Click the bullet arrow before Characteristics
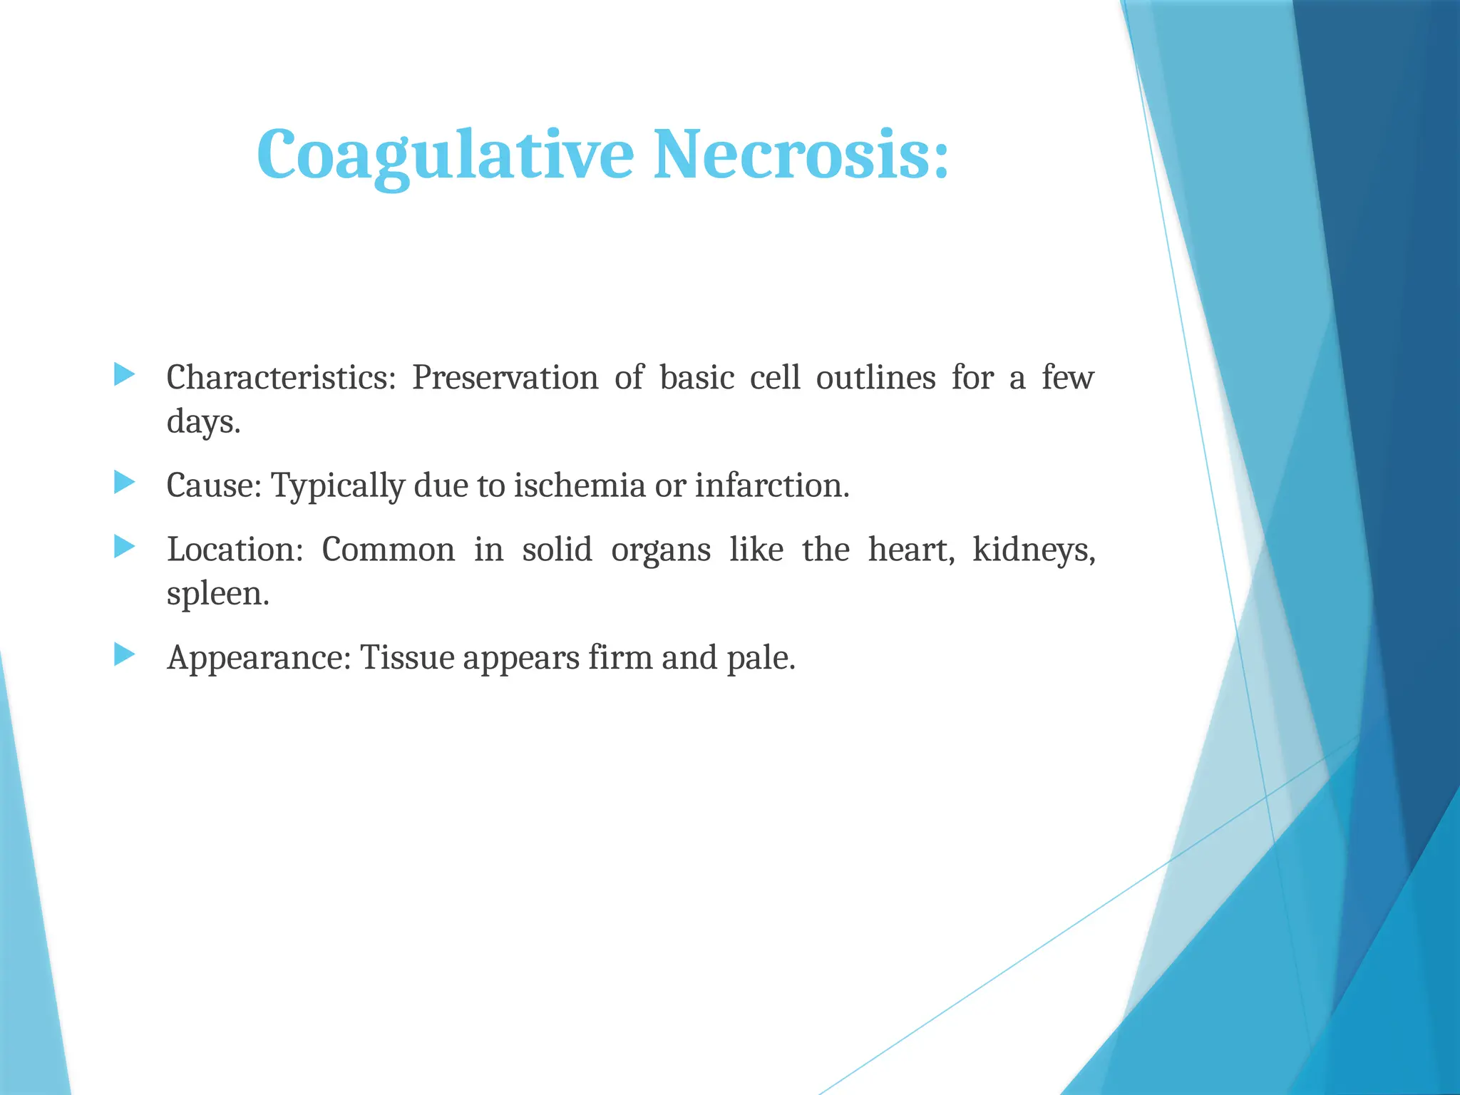pos(124,375)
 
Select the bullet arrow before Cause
pos(124,483)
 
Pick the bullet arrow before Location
pos(124,547)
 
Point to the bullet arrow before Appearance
pos(124,654)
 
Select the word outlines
pos(875,378)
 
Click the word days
pos(202,422)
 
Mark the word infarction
pos(772,486)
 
